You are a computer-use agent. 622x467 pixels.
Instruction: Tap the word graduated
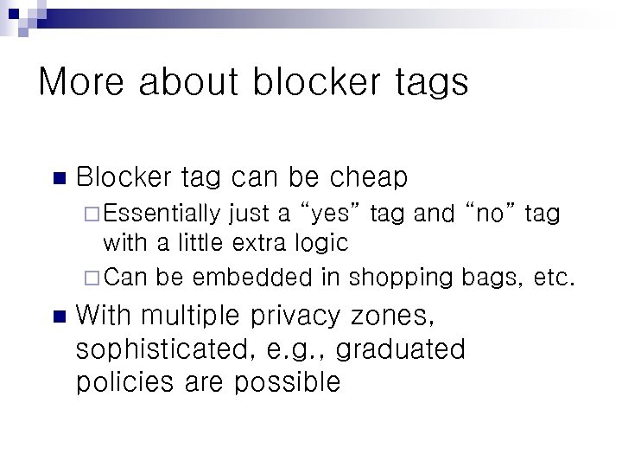click(401, 350)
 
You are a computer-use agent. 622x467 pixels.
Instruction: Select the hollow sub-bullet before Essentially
click(94, 213)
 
